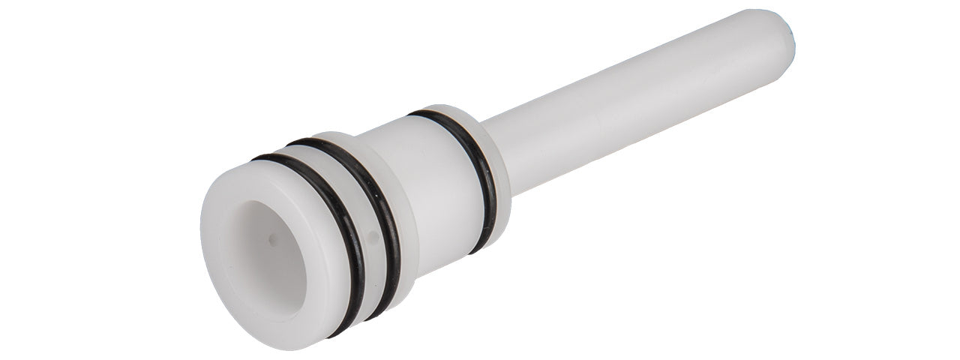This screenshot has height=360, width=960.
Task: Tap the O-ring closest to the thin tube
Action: pyautogui.click(x=480, y=180)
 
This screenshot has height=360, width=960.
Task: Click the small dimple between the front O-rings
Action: pyautogui.click(x=373, y=238)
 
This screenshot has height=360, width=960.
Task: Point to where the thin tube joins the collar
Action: pyautogui.click(x=510, y=142)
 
